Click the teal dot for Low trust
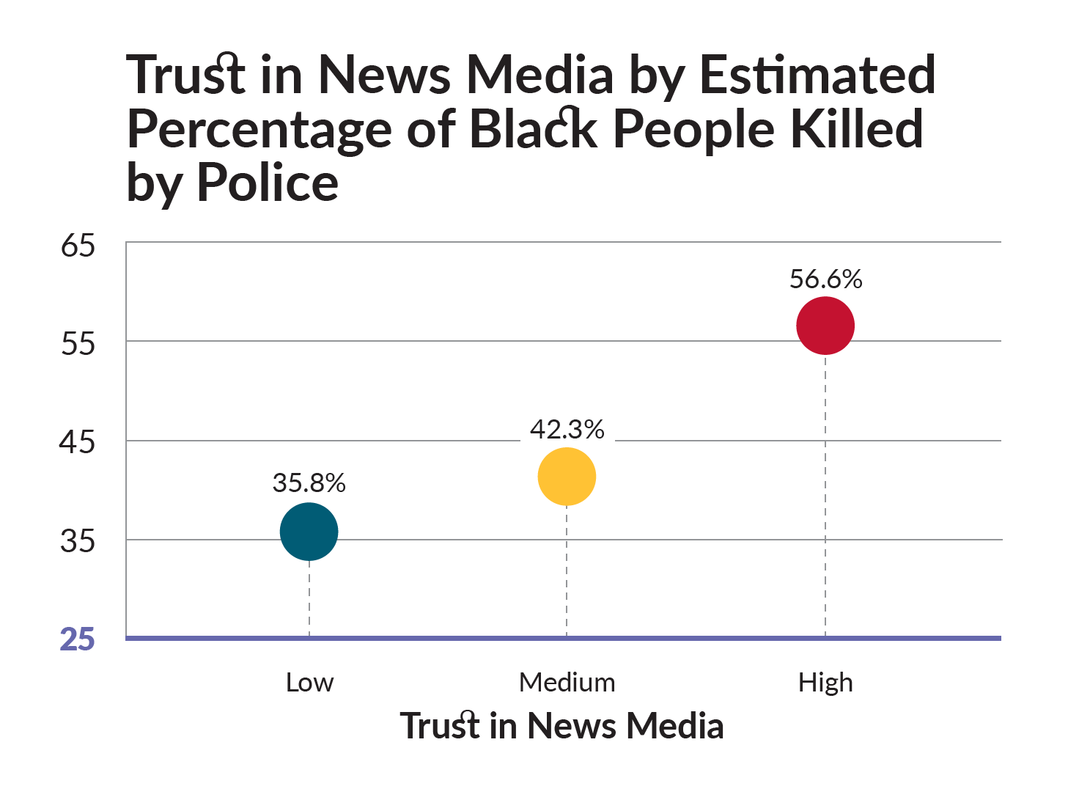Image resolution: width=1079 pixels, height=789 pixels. click(309, 532)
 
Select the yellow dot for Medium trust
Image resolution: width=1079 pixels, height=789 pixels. click(567, 477)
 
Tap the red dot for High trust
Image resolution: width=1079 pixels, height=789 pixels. click(825, 326)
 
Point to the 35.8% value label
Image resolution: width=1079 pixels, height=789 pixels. click(309, 482)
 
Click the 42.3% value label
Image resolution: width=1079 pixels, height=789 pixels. click(567, 429)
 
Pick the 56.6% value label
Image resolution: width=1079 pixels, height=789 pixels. click(825, 279)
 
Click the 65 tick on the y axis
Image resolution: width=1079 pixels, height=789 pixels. click(78, 246)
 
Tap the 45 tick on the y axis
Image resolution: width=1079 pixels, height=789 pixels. click(77, 442)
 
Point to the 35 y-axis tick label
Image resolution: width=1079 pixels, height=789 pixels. click(77, 540)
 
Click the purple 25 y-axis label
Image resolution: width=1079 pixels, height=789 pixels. click(77, 639)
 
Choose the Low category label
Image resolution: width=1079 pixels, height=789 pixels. click(310, 683)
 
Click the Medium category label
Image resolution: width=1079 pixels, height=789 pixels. click(567, 683)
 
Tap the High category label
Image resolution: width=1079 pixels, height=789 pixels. click(825, 683)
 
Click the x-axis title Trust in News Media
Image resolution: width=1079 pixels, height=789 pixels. click(561, 725)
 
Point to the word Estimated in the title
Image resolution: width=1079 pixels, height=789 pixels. click(817, 74)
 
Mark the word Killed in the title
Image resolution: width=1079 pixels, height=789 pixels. click(857, 128)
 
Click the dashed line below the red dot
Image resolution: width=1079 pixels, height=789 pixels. click(825, 496)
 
